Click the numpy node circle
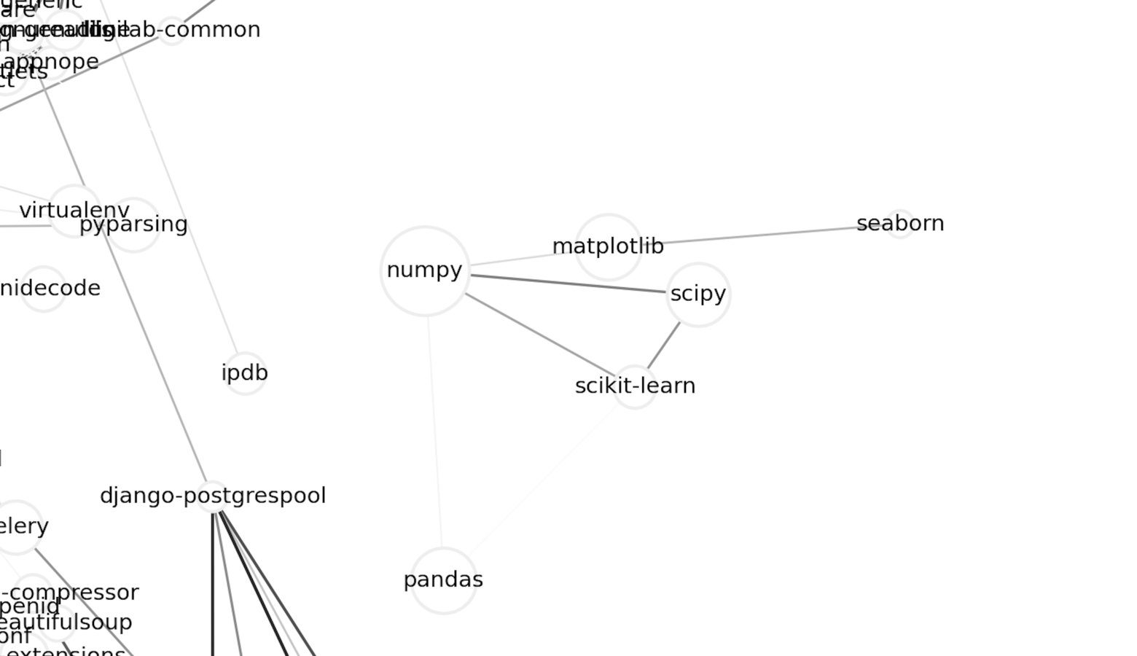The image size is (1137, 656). (x=425, y=270)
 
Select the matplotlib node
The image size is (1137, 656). (x=608, y=247)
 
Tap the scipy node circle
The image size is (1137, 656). (x=698, y=294)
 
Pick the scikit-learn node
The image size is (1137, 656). (x=635, y=386)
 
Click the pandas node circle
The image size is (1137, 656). (x=443, y=580)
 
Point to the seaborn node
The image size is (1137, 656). (x=900, y=224)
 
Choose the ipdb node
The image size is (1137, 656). (x=245, y=373)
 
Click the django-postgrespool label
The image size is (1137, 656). (x=213, y=496)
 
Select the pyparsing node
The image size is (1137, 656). (x=133, y=224)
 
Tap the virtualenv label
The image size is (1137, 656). (x=74, y=211)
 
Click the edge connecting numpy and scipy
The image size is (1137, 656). (x=568, y=284)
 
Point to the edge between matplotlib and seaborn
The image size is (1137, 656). (x=758, y=235)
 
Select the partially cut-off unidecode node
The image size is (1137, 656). (x=44, y=289)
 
